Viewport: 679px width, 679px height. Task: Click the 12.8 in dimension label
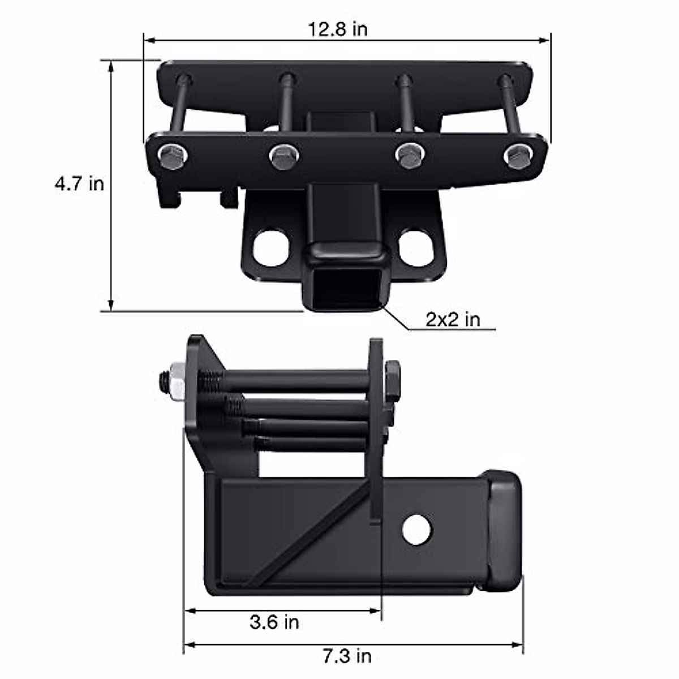point(337,29)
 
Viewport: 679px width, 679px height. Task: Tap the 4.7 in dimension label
point(79,184)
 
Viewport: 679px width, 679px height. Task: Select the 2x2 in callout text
point(452,320)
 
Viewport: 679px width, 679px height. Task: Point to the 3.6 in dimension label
point(274,623)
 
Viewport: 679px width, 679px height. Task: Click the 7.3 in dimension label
point(347,656)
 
